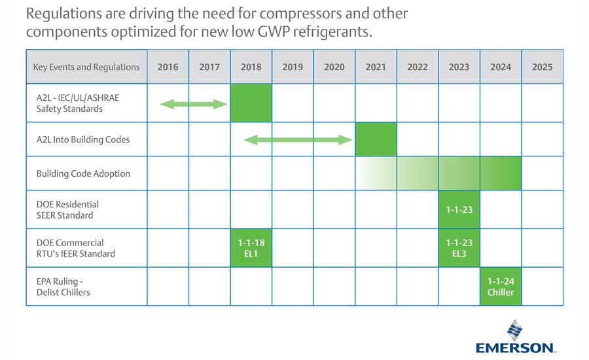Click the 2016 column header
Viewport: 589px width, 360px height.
[x=168, y=67]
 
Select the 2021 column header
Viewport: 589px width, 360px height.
[x=376, y=67]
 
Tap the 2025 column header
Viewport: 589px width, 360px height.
[x=542, y=67]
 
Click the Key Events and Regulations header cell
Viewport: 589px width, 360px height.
[x=86, y=67]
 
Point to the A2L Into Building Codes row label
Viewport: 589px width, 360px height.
[x=83, y=139]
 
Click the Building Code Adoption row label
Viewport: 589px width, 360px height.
[x=83, y=173]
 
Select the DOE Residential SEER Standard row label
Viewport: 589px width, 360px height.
[x=67, y=209]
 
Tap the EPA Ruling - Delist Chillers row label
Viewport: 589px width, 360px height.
[x=63, y=287]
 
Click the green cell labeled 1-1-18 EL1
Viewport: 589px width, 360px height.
[x=251, y=248]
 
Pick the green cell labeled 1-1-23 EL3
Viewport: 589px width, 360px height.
[x=459, y=248]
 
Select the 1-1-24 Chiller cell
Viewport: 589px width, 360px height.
[x=501, y=287]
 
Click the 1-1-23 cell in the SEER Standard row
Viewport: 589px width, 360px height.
[x=459, y=209]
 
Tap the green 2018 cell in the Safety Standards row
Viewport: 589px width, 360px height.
[x=251, y=103]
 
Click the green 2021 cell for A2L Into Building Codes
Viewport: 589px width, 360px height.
[x=376, y=139]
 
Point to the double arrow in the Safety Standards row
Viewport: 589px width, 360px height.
[x=194, y=104]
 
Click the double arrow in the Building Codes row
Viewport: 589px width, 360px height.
[x=298, y=140]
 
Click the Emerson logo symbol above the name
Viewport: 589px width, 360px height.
[x=514, y=331]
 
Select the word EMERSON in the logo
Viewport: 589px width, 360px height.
[x=514, y=348]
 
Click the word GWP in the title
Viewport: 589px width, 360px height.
[x=274, y=31]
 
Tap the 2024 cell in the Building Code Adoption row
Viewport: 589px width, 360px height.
[x=501, y=173]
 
